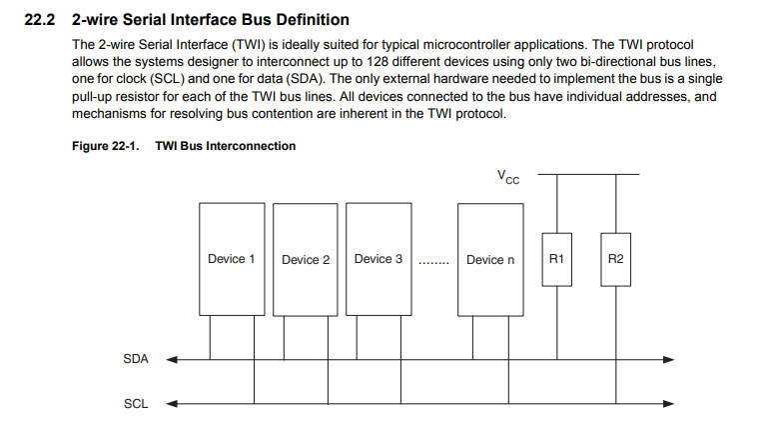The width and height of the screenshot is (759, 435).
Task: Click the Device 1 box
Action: [x=232, y=259]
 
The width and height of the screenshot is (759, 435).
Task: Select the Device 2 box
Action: [x=306, y=259]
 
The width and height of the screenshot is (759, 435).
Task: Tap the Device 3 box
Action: [x=379, y=259]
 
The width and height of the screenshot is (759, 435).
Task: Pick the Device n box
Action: [x=490, y=259]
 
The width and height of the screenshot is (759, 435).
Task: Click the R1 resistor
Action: [x=556, y=259]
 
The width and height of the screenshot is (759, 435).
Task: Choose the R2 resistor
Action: [x=616, y=259]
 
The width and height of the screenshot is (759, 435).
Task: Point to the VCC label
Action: [x=508, y=177]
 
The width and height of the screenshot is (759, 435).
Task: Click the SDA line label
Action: [x=136, y=359]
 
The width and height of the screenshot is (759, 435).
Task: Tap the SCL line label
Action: [x=136, y=403]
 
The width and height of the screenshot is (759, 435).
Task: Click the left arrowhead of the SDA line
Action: [x=172, y=359]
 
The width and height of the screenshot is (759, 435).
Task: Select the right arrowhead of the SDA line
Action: [x=668, y=359]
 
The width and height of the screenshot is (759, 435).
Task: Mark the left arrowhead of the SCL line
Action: [x=172, y=403]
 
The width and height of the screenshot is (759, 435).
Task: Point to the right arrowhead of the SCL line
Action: [x=668, y=403]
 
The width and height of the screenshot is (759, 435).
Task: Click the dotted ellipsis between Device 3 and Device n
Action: [x=433, y=263]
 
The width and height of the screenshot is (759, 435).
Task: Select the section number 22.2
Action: [x=40, y=20]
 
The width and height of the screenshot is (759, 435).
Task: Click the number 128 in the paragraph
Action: [x=379, y=62]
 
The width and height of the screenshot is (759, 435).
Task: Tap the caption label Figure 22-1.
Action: [x=106, y=146]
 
